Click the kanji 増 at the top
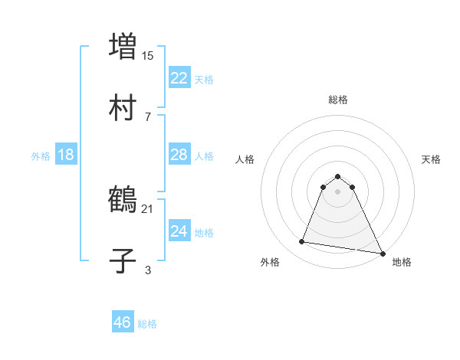click(123, 44)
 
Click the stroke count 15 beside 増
click(148, 55)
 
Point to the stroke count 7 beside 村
click(148, 116)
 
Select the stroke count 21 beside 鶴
click(148, 208)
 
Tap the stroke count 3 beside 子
click(148, 270)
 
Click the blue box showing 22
click(179, 77)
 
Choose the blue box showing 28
click(179, 155)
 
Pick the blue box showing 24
click(179, 231)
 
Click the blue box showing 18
click(66, 155)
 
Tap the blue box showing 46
click(123, 322)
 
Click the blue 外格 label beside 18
click(41, 156)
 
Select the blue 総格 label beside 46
click(147, 324)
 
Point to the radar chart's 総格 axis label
click(337, 100)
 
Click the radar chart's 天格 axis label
click(431, 159)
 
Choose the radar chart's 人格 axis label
click(245, 159)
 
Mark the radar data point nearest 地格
click(382, 252)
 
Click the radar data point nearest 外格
click(302, 242)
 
